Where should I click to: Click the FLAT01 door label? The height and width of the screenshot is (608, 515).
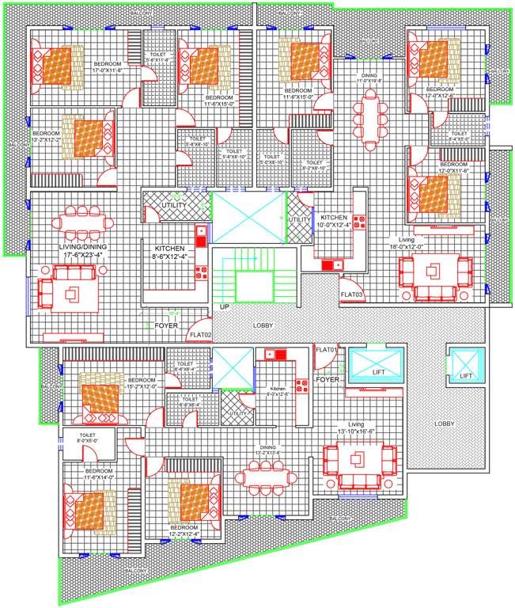[x=326, y=349]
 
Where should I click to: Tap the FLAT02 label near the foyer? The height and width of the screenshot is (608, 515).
[x=200, y=336]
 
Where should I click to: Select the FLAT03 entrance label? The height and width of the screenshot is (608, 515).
[x=351, y=294]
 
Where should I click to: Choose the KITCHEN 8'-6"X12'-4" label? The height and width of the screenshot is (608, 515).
[x=169, y=253]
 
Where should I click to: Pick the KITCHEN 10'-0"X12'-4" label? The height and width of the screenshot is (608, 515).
[x=335, y=221]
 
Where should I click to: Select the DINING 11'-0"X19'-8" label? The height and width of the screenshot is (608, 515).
[x=369, y=78]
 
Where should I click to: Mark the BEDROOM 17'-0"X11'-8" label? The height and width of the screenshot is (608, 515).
[x=108, y=66]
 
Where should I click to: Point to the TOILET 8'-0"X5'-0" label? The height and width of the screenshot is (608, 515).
[x=86, y=439]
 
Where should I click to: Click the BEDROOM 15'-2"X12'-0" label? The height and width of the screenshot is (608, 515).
[x=143, y=383]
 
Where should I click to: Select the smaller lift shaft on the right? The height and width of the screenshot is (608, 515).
[x=464, y=363]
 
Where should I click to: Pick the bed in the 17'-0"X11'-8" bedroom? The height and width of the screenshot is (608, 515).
[x=58, y=66]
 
